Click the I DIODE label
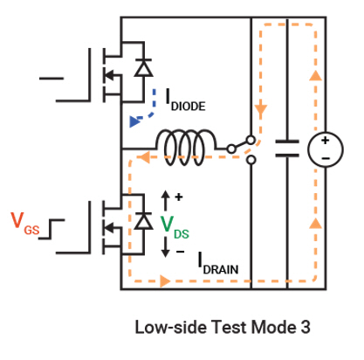click(185, 100)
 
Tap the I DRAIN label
click(218, 264)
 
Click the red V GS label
click(25, 224)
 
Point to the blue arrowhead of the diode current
click(134, 121)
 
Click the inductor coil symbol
click(186, 147)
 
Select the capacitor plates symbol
click(287, 149)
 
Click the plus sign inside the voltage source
click(325, 141)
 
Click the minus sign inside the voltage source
click(326, 158)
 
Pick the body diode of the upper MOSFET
click(143, 67)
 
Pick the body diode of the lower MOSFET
click(143, 221)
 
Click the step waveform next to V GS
click(52, 229)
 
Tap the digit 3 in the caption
click(306, 327)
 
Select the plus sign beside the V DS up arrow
click(179, 197)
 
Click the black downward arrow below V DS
click(165, 247)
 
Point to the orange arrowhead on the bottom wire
click(165, 281)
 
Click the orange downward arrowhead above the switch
click(261, 110)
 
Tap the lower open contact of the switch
click(251, 160)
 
